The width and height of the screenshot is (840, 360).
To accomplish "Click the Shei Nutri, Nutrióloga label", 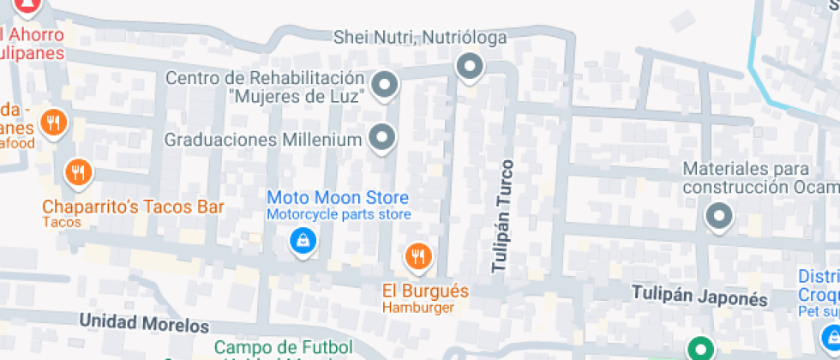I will coord(419,38).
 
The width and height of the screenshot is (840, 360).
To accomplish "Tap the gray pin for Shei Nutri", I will coord(469,65).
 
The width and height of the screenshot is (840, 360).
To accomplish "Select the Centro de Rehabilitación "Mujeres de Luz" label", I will coord(266,86).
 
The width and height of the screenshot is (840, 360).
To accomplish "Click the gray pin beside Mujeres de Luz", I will coord(386,84).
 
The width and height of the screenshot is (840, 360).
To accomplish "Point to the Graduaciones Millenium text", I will coord(261,139).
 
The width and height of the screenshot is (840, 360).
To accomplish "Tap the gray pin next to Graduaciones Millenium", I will coord(381,136).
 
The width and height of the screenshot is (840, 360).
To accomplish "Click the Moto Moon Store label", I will coord(338,198).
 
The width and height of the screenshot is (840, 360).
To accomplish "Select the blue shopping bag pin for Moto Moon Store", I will coord(302,241).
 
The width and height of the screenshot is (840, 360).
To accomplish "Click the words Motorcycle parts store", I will coord(339,215).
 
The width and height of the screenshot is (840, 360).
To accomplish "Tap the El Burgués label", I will coord(426,291).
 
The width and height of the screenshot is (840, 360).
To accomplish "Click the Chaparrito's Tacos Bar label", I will coord(133,207).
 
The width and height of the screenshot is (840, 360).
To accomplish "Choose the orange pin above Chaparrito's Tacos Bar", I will coord(78,172).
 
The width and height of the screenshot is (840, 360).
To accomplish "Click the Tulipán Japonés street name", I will coord(699,297).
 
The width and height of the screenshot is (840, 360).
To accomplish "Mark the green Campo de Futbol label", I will coord(271,347).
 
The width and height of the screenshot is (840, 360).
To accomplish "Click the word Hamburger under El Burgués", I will coord(418,308).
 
